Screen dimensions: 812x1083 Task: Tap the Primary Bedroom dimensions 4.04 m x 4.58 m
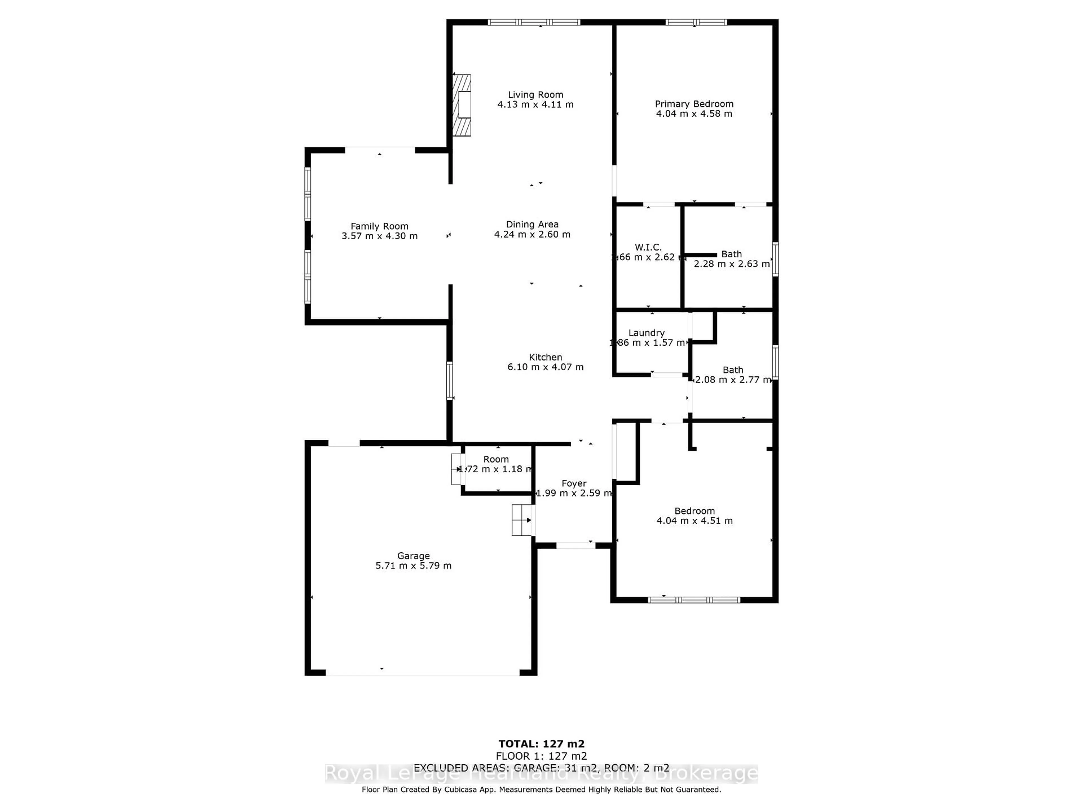pos(694,114)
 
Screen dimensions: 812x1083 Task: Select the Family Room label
pos(379,226)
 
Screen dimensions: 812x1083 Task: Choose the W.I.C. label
pos(648,247)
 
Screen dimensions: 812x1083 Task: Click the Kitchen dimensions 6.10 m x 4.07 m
pos(545,367)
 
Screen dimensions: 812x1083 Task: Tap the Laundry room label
pos(646,333)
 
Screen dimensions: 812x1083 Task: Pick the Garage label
pos(413,555)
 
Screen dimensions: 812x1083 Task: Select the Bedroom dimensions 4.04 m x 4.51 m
pos(694,521)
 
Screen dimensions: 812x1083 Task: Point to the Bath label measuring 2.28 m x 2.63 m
pos(732,254)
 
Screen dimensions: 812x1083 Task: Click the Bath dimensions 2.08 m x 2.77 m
pos(733,380)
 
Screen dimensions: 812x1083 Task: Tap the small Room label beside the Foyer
pos(496,459)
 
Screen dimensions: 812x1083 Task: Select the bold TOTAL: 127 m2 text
pos(541,744)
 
